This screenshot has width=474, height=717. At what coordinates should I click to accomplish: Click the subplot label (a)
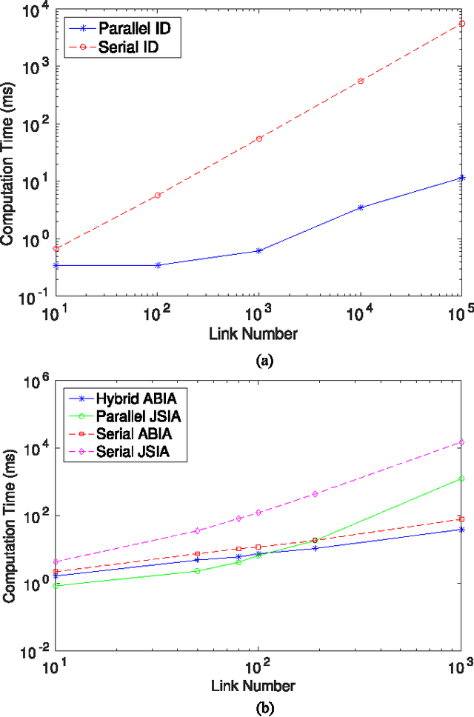(x=264, y=361)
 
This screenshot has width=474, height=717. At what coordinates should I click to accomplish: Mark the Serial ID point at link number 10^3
(x=259, y=139)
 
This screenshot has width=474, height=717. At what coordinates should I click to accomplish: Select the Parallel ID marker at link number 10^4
(x=361, y=207)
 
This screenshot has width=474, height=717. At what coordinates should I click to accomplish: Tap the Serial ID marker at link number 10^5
(x=462, y=24)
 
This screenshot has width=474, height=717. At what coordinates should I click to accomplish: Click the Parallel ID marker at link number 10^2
(x=158, y=264)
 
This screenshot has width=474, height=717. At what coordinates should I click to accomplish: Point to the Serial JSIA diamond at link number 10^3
(x=462, y=442)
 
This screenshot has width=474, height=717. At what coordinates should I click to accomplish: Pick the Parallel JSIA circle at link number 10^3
(x=462, y=478)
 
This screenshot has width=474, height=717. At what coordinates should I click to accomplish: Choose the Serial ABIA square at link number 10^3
(x=462, y=518)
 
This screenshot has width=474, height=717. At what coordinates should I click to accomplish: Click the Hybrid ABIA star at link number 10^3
(x=462, y=529)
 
